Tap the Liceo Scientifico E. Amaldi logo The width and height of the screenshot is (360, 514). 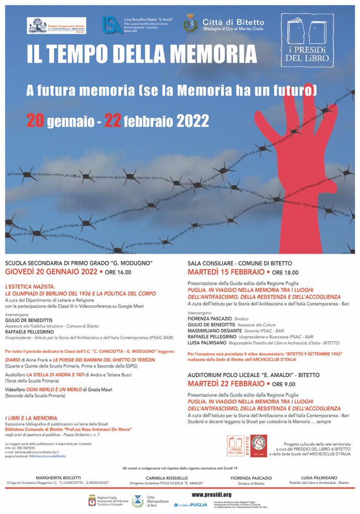click(x=111, y=24)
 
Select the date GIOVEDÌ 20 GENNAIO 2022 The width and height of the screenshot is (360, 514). click(x=51, y=272)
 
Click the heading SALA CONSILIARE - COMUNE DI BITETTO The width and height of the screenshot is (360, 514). click(x=239, y=263)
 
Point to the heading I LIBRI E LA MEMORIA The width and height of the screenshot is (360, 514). click(x=31, y=417)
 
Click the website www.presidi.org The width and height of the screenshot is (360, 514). click(x=211, y=494)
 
